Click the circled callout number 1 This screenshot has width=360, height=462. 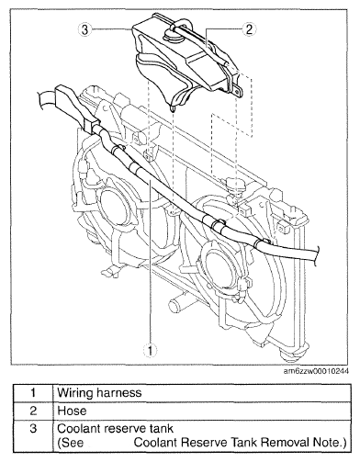(x=150, y=350)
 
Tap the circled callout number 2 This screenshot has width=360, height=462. (x=249, y=29)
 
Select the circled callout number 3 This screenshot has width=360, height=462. (x=84, y=29)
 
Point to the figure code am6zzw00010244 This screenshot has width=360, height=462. (x=316, y=371)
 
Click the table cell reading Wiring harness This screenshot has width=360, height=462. (x=99, y=392)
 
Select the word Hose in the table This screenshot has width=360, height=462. (x=72, y=411)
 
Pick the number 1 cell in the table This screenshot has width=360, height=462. (x=33, y=392)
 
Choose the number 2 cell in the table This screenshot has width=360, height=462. (x=33, y=411)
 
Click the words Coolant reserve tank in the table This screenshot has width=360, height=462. (x=115, y=428)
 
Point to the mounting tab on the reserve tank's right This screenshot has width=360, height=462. (x=238, y=91)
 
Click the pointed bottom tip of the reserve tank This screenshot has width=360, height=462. (x=174, y=109)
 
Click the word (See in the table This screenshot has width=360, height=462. (x=70, y=443)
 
